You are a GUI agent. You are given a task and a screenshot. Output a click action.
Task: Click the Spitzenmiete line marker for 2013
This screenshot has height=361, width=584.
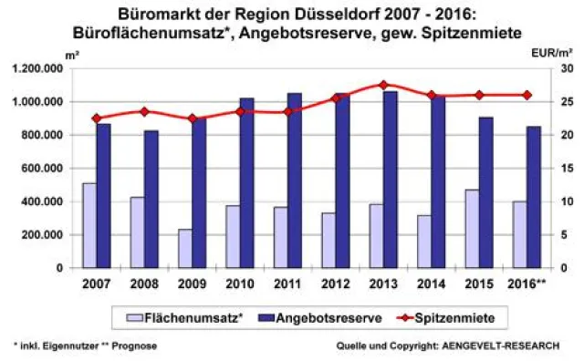pyautogui.click(x=382, y=85)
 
